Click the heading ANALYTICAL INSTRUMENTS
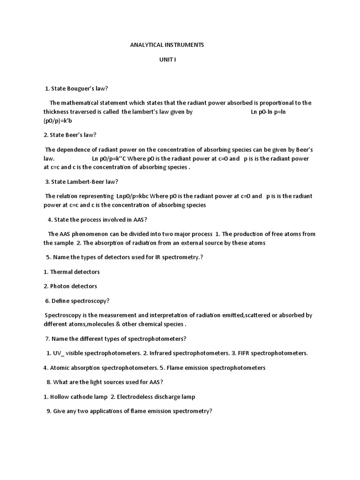pyautogui.click(x=167, y=45)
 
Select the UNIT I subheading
pyautogui.click(x=167, y=60)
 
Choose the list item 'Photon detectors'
pyautogui.click(x=70, y=286)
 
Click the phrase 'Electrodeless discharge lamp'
pyautogui.click(x=155, y=397)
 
